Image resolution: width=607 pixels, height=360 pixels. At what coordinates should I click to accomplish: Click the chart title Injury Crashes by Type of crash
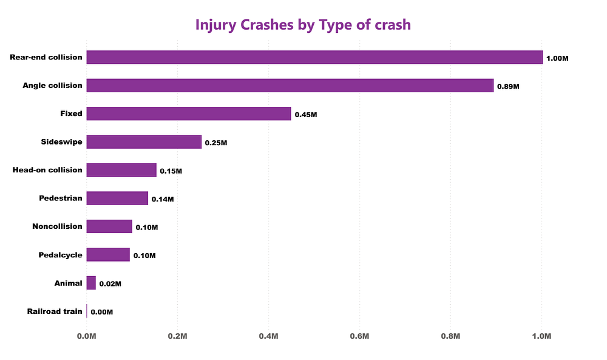coord(303,25)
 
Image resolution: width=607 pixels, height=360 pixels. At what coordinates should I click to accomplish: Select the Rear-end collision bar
coord(314,57)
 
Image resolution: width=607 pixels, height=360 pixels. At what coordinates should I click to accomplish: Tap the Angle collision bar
coord(290,86)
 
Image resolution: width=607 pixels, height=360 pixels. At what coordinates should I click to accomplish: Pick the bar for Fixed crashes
coord(189,114)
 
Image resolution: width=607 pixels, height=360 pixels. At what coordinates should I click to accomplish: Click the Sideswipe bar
coord(144,142)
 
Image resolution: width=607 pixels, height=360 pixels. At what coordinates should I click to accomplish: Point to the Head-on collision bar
coord(121,170)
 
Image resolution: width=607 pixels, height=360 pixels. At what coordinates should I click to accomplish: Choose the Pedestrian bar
coord(117,198)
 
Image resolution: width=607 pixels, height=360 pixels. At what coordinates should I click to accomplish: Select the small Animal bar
coord(91,283)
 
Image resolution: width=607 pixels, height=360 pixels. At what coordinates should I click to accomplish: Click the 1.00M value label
coord(557,58)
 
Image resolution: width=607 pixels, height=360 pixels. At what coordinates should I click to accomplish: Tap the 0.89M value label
coord(508,87)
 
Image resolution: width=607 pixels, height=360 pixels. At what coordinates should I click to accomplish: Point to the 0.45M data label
coord(306,115)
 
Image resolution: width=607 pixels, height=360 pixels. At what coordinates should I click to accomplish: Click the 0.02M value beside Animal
coord(110,284)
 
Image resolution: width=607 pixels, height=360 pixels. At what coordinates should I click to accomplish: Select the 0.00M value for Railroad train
coord(102,313)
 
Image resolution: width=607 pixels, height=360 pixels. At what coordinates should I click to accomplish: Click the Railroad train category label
coord(55,311)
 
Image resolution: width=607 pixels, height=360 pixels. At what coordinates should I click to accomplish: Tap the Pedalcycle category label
coord(60,255)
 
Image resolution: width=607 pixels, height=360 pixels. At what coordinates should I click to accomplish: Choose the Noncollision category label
coord(57,226)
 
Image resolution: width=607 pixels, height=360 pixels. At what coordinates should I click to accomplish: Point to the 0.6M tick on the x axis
coord(359,336)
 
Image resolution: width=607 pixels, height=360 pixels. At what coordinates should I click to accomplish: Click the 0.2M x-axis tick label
coord(178,336)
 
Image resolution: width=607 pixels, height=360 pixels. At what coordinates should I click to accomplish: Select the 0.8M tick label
coord(450,336)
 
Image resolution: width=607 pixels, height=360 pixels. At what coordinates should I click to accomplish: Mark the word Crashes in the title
coord(267,25)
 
